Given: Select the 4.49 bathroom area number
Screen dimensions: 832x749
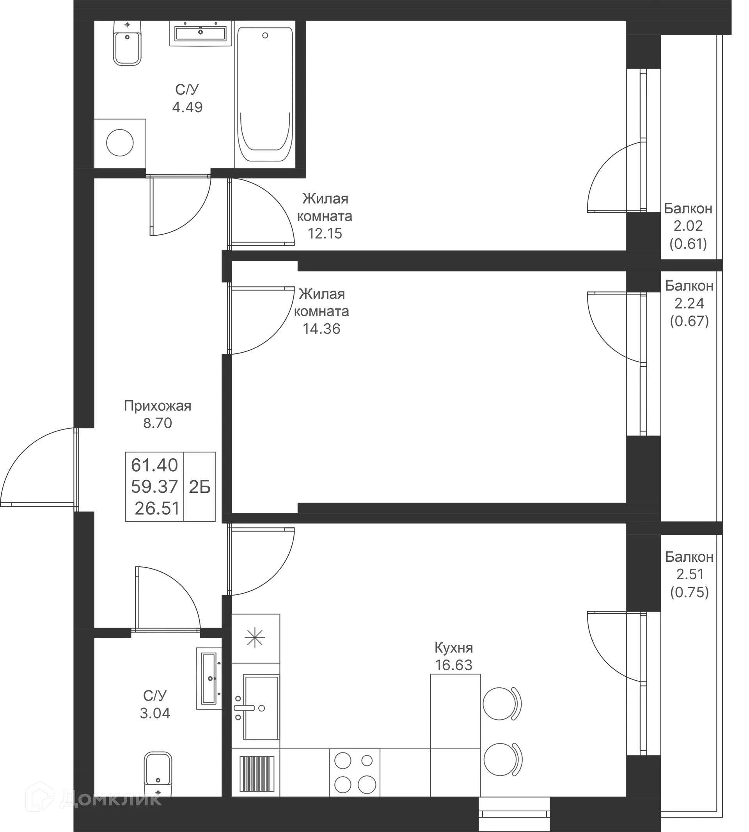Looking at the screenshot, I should pos(188,107).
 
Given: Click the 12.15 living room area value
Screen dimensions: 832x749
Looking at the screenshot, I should pos(324,234).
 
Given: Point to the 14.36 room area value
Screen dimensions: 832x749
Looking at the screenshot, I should pos(322,329).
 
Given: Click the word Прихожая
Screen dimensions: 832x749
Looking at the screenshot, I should pos(158,406).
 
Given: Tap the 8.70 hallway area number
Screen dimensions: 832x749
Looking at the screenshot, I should pos(158,423).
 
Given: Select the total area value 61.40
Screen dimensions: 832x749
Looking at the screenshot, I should pos(154,465).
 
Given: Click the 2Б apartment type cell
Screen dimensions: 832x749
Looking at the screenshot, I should pos(200,487).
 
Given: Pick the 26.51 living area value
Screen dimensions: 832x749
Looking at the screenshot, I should pos(157,509).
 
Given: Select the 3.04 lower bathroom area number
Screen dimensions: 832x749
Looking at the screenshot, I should pos(154,713).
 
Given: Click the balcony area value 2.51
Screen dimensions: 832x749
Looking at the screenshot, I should pos(689,574).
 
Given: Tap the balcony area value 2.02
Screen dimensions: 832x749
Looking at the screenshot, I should pos(689,226).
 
